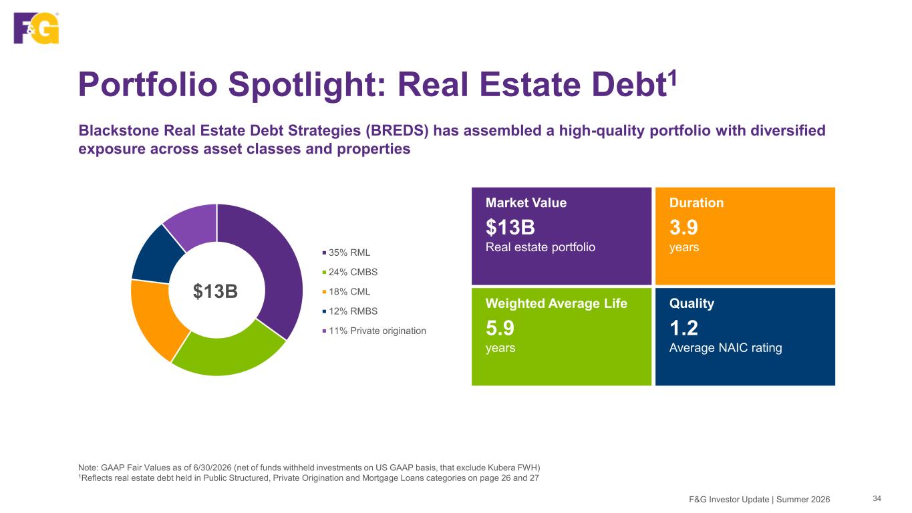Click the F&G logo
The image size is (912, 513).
36,27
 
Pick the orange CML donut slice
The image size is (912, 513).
155,317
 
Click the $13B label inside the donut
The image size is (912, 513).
215,291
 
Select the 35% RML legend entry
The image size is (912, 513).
346,252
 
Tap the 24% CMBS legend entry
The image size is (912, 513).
349,272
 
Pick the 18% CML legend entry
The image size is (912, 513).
346,291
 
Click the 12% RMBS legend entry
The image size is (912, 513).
349,311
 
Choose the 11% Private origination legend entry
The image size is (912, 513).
373,331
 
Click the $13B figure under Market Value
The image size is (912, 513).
510,227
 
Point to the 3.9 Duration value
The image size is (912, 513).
683,227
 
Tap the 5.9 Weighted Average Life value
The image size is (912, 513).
500,328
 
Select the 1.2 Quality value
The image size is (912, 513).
683,328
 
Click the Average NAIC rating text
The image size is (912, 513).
726,348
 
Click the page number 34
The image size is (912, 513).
877,499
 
